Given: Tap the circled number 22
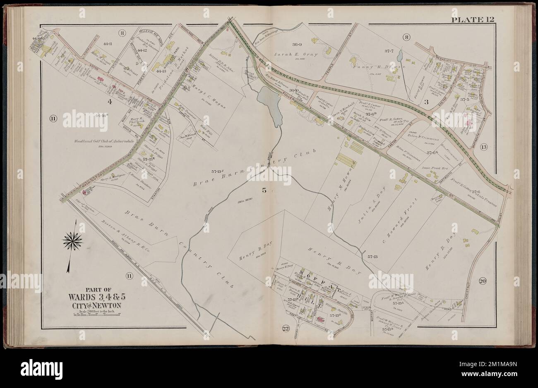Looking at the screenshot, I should [x=286, y=328].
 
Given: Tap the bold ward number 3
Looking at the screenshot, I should [x=425, y=101].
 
